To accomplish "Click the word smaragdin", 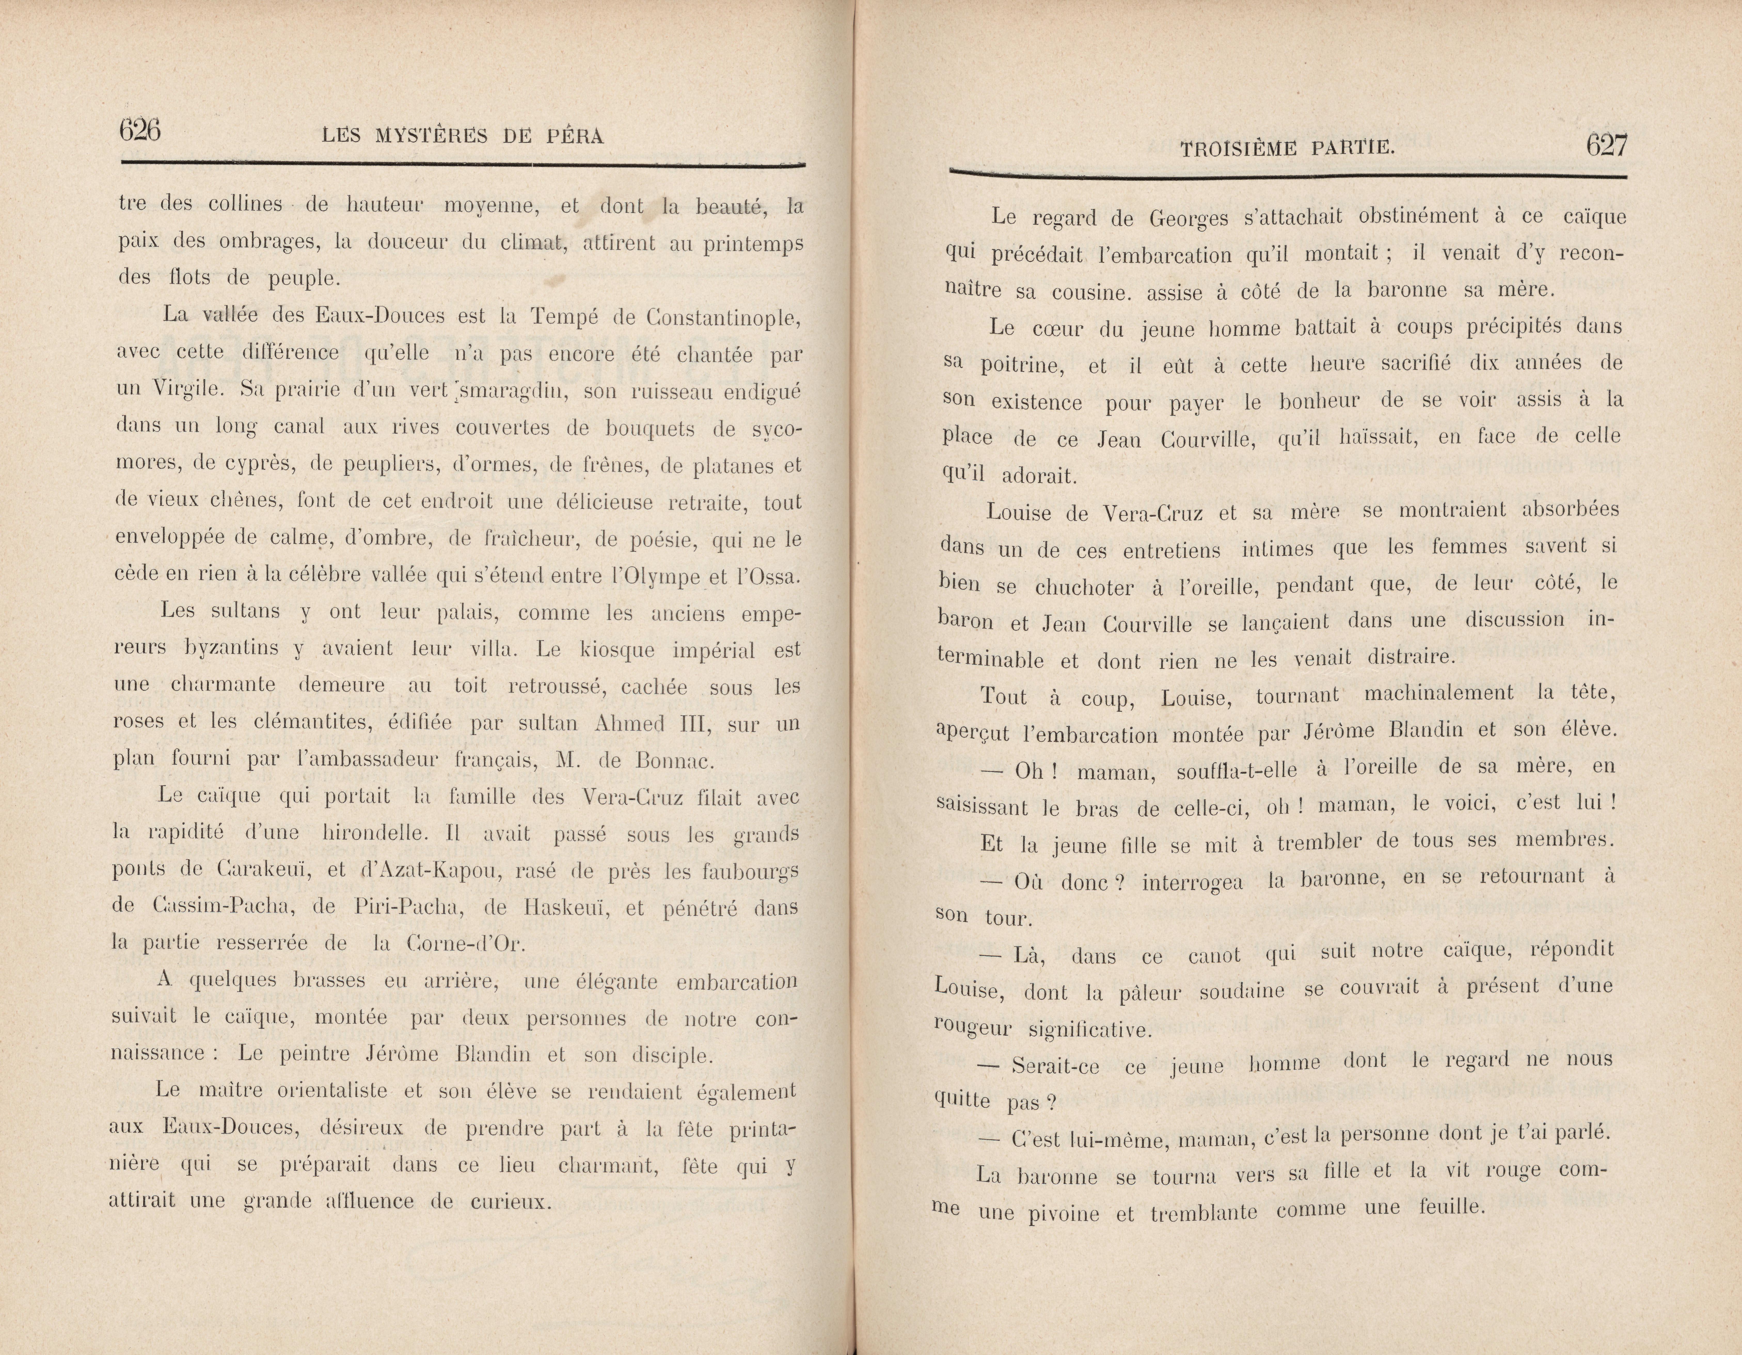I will click(507, 392).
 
